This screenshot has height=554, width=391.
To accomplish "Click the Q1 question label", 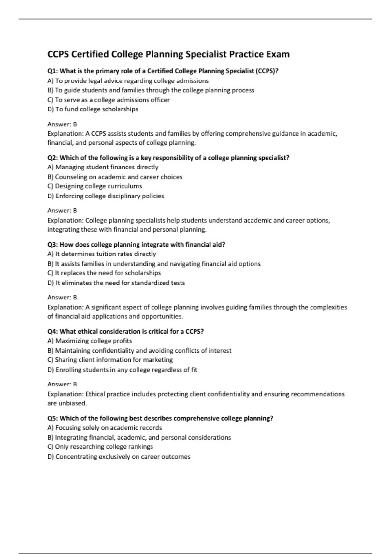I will (52, 71).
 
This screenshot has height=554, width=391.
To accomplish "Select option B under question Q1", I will (151, 90).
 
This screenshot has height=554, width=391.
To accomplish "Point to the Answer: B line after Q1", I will (62, 124).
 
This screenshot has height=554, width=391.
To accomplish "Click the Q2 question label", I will (52, 158).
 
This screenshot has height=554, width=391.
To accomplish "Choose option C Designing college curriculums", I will (94, 186).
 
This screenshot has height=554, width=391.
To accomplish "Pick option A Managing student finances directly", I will (103, 167).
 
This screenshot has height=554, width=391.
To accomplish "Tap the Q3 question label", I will (52, 245).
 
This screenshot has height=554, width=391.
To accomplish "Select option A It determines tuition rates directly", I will (101, 254).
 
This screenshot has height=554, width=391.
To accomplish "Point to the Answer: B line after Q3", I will (62, 297).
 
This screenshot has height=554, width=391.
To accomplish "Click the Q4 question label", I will (52, 332).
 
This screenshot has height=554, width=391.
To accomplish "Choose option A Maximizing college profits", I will (90, 341).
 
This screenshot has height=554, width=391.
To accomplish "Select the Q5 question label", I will (52, 418).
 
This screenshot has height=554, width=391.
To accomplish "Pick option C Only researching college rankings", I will (100, 447).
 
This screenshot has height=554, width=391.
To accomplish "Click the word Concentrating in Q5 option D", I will (76, 457).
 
